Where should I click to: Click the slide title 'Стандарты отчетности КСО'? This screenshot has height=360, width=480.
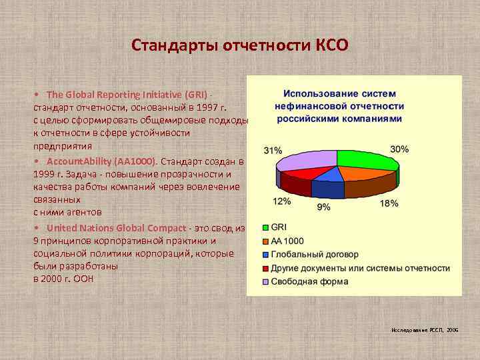coord(239,45)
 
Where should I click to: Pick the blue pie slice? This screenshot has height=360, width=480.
coord(327,174)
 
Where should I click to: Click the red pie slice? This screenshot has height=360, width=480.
coord(303,172)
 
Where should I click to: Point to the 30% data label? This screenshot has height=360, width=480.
coord(399,149)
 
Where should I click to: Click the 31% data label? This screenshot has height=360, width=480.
coord(273,151)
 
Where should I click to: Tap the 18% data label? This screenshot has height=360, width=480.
coord(389,203)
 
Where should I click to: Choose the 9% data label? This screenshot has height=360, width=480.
coord(323,207)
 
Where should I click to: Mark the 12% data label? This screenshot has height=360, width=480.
coord(281,201)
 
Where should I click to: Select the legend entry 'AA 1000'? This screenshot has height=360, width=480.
coord(288,241)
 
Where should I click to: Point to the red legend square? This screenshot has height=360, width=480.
coord(265,268)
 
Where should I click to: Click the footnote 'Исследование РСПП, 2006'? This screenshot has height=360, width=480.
coord(425,330)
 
